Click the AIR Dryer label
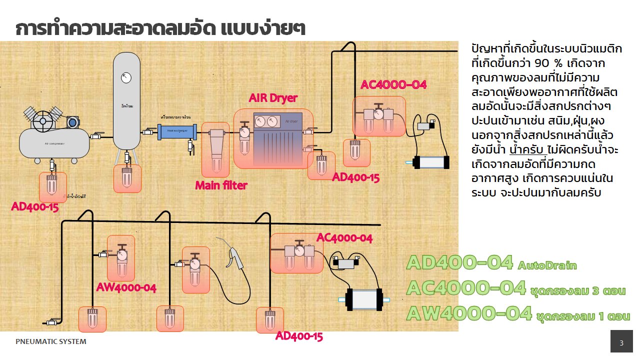tap(273, 98)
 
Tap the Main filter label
tap(221, 185)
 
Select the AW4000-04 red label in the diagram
tap(126, 287)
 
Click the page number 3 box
tap(621, 343)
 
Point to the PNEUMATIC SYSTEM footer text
tap(51, 342)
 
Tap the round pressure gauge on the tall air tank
tap(126, 77)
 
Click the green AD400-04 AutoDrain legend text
tap(491, 263)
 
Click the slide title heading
tap(160, 28)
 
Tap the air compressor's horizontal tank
tap(54, 143)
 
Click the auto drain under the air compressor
tap(52, 187)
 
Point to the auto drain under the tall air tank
tap(127, 178)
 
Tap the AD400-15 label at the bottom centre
tap(299, 336)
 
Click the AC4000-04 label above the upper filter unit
tap(393, 84)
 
